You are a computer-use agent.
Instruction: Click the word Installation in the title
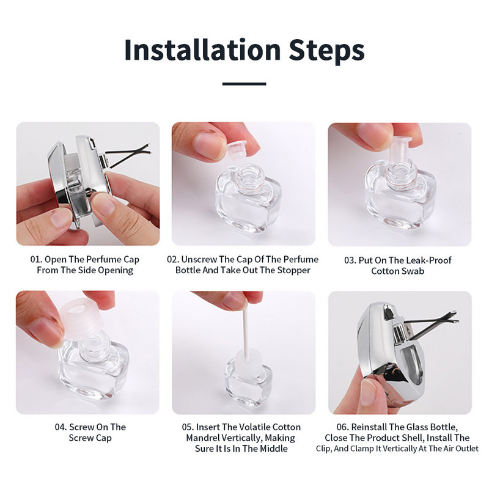(x=203, y=50)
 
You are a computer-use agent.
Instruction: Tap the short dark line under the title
(x=244, y=84)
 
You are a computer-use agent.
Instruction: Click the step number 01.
(x=36, y=259)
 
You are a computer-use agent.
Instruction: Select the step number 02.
(x=173, y=259)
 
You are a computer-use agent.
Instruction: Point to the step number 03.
(x=350, y=260)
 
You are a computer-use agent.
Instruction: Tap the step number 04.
(x=61, y=427)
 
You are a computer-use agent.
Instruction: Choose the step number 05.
(x=188, y=427)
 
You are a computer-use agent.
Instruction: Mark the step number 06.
(x=342, y=427)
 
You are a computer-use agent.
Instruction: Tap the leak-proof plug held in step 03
(x=402, y=153)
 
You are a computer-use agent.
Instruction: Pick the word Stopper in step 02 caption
(x=294, y=270)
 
